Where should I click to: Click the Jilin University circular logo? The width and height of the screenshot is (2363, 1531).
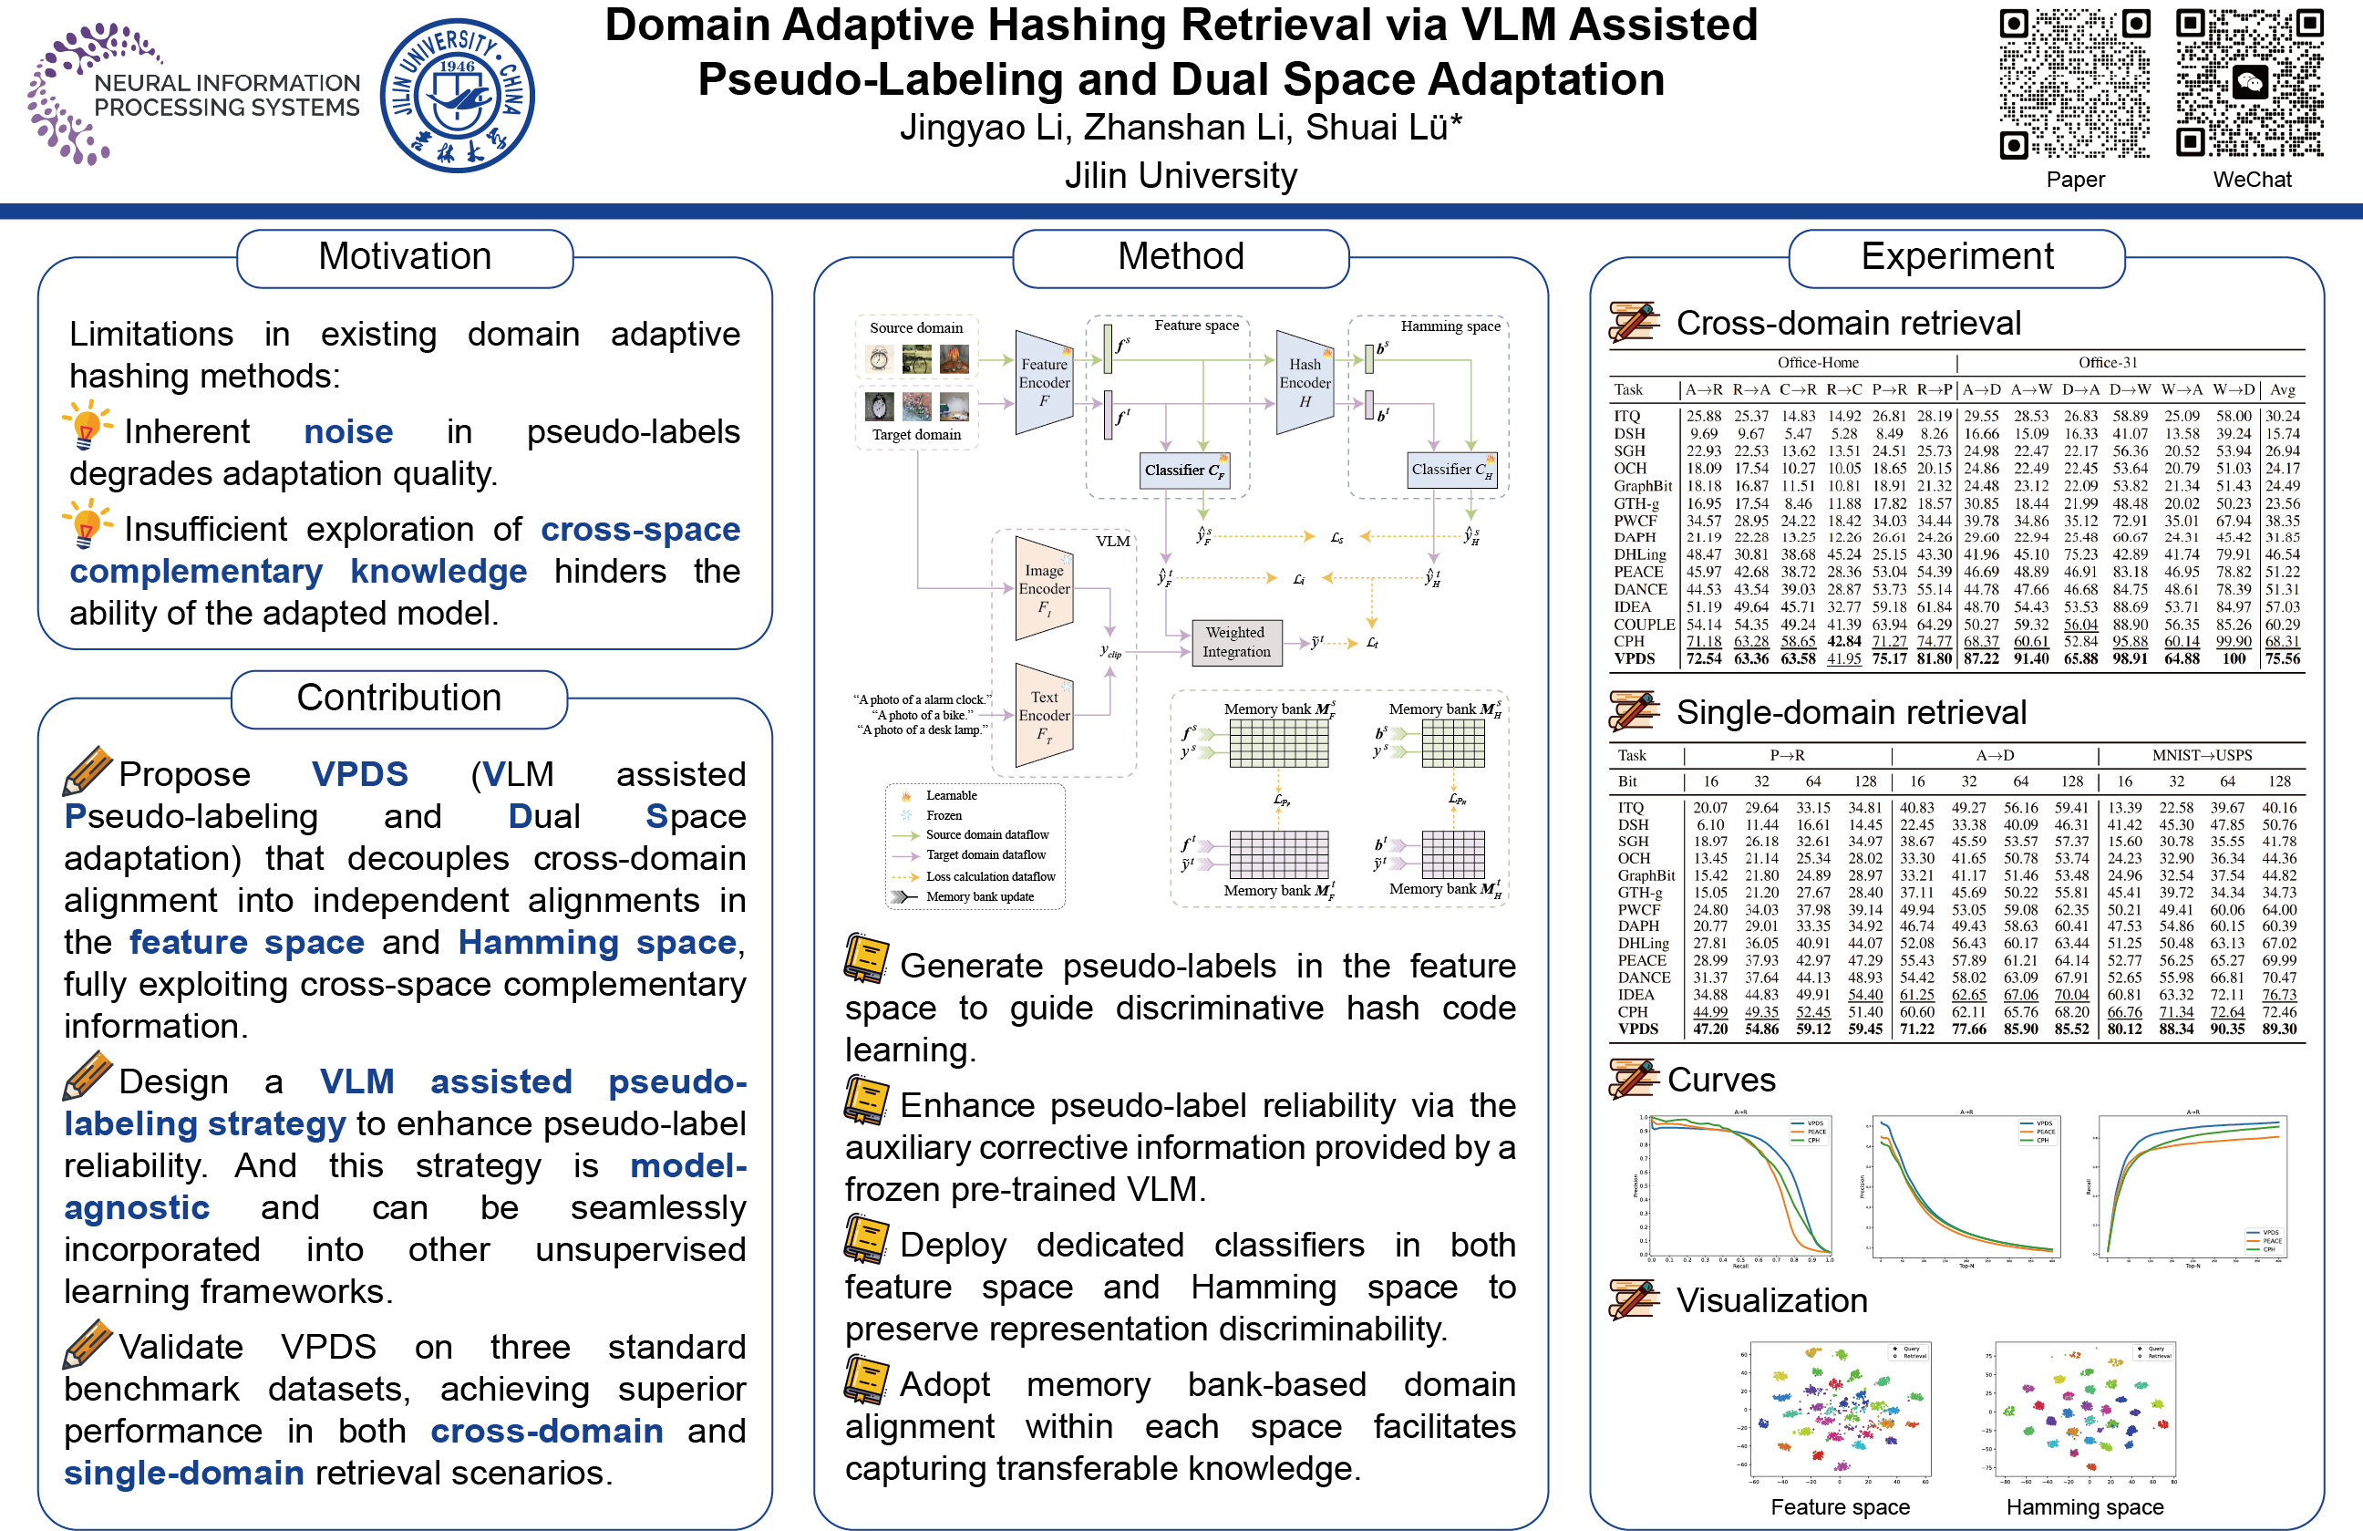coord(458,97)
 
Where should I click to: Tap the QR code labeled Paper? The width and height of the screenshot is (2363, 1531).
coord(2074,85)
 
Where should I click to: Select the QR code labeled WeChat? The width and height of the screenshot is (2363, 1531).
coord(2250,85)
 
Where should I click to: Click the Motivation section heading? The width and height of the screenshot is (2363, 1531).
coord(404,257)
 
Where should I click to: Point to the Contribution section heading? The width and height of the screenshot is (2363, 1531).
coord(399,698)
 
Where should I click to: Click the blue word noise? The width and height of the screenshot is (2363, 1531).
coord(347,432)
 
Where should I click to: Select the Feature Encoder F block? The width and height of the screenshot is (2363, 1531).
coord(1045,382)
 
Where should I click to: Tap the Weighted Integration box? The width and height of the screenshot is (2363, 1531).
coord(1236,642)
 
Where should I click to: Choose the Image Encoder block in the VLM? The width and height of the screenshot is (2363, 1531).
coord(1045,588)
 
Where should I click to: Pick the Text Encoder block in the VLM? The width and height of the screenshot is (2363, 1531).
coord(1045,715)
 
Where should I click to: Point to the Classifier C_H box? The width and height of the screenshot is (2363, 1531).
coord(1451,470)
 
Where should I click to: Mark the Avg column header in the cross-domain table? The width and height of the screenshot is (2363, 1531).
coord(2283,390)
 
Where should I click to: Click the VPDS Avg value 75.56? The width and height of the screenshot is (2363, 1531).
coord(2283,659)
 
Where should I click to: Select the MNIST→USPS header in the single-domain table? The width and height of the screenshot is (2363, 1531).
coord(2201,756)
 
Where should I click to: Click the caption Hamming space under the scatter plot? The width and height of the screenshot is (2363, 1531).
coord(2085,1507)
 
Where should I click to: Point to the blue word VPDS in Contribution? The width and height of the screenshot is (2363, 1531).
coord(359,774)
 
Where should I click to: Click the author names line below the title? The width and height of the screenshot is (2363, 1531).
coord(1181,128)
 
